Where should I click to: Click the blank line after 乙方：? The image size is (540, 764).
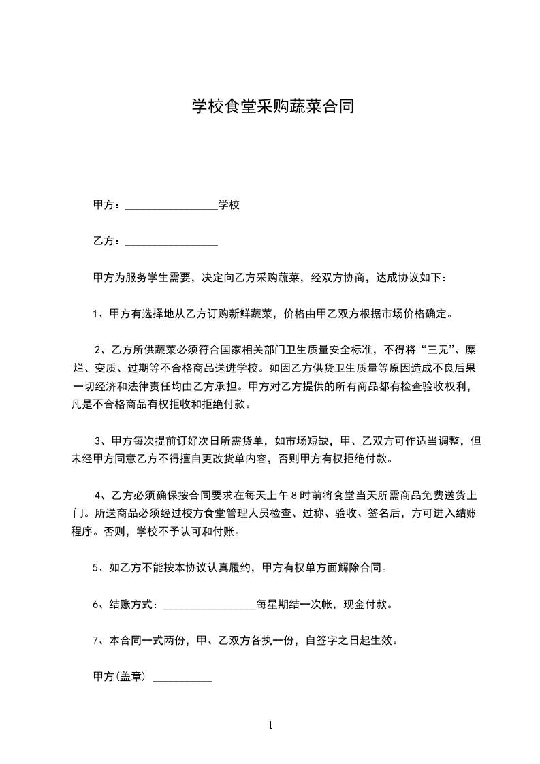click(172, 242)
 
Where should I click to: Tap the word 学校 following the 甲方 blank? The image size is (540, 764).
click(228, 204)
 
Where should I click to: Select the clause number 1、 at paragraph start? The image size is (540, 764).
click(98, 314)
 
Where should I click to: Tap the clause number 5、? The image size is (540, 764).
click(98, 567)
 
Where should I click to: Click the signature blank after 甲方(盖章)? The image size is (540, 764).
click(182, 678)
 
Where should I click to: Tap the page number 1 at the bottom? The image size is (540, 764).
click(270, 725)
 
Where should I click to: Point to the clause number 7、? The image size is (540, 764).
click(98, 640)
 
